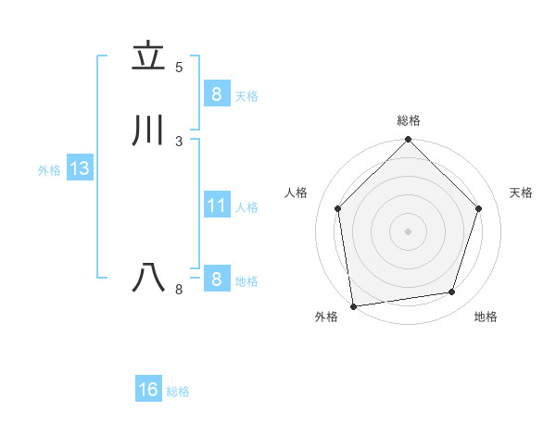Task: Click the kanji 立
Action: (x=148, y=57)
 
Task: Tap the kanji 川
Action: (x=148, y=130)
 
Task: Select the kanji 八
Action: (x=148, y=278)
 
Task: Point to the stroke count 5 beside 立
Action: (x=179, y=67)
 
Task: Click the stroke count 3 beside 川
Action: (x=179, y=141)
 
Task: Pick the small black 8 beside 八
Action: (x=179, y=290)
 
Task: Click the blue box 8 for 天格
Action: (x=216, y=93)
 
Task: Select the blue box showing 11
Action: (x=216, y=205)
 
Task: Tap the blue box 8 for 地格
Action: (x=216, y=279)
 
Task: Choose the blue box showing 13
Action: (x=79, y=168)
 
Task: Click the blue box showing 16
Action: (x=148, y=390)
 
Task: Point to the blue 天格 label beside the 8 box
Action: (x=246, y=95)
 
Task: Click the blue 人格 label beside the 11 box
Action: (x=246, y=207)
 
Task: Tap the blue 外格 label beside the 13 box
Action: (x=49, y=170)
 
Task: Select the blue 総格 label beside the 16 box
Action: (x=179, y=391)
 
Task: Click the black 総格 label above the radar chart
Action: (x=408, y=120)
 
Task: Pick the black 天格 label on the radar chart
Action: (x=522, y=193)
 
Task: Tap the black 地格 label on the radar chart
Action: (x=486, y=317)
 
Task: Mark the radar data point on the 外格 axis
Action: (x=353, y=305)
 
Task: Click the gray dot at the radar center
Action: (x=408, y=230)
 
